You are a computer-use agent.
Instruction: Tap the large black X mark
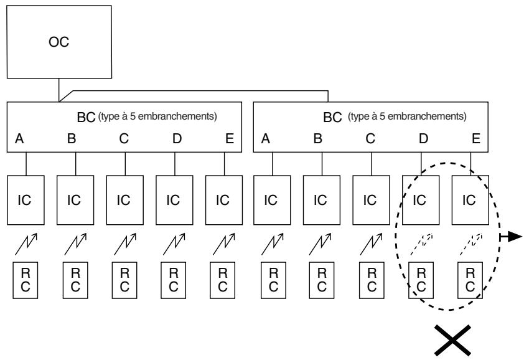click(x=453, y=340)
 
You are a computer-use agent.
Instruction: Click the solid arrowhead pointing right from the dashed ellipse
click(x=516, y=237)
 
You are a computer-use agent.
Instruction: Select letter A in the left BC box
click(x=19, y=138)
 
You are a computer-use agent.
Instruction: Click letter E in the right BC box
click(x=476, y=138)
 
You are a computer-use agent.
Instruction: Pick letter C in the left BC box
click(x=124, y=138)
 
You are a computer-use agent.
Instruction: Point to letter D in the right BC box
click(x=423, y=138)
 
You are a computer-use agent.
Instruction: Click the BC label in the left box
click(x=87, y=117)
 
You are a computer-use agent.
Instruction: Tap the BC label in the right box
click(x=332, y=117)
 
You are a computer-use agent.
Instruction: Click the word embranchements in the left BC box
click(x=177, y=116)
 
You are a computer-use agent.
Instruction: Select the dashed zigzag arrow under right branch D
click(x=422, y=244)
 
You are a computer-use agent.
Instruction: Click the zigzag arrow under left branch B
click(x=75, y=244)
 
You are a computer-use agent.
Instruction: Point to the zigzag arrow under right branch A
click(x=273, y=244)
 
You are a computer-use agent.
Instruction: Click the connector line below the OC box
click(x=59, y=90)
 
